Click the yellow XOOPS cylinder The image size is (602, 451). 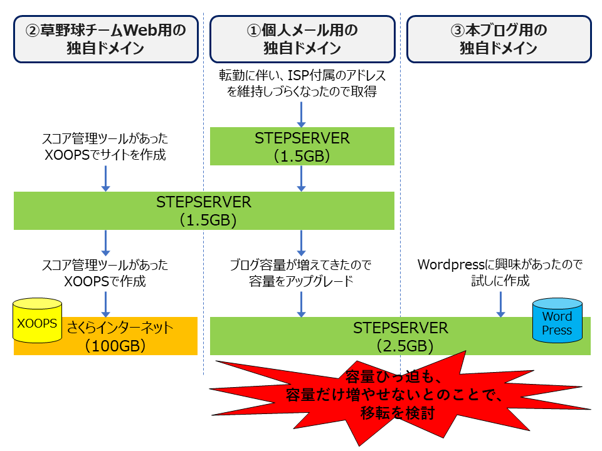pyautogui.click(x=38, y=321)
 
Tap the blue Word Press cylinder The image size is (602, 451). pyautogui.click(x=557, y=321)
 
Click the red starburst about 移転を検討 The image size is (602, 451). pyautogui.click(x=401, y=395)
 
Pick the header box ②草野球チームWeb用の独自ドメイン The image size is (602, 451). pyautogui.click(x=105, y=39)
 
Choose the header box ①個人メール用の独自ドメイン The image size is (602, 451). pyautogui.click(x=302, y=39)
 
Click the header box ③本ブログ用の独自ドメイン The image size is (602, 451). pyautogui.click(x=499, y=39)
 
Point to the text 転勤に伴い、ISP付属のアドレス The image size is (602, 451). pyautogui.click(x=302, y=76)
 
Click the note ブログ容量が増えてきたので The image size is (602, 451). pyautogui.click(x=302, y=266)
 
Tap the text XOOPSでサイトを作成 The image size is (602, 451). pyautogui.click(x=105, y=155)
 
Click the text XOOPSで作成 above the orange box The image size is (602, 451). pyautogui.click(x=105, y=281)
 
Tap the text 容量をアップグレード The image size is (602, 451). pyautogui.click(x=302, y=281)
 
